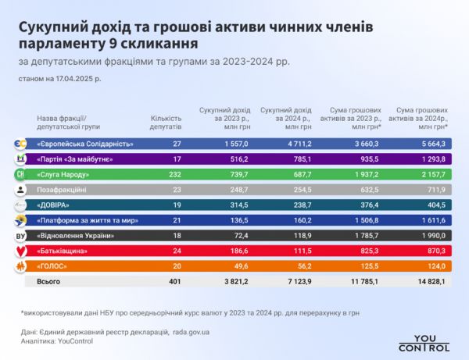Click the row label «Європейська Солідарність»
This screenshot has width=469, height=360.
(x=85, y=144)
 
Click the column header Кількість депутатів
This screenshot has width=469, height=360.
(x=166, y=120)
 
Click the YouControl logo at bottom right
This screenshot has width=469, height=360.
(x=424, y=343)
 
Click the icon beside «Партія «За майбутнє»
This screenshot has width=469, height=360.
(x=20, y=159)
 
